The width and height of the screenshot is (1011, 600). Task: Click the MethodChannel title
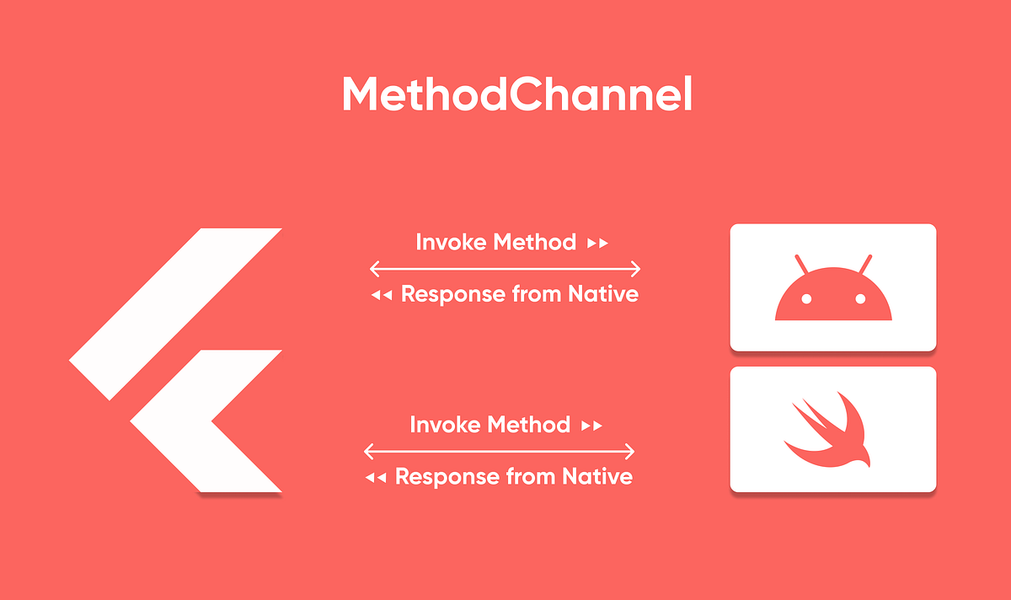tap(516, 96)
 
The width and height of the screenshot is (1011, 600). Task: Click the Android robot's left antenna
tap(801, 264)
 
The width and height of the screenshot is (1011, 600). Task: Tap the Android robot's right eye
tap(860, 298)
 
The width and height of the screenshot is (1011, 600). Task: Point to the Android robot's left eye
tap(806, 298)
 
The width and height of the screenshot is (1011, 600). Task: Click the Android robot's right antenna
tap(865, 264)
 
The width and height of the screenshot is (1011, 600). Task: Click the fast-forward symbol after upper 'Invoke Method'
tap(597, 244)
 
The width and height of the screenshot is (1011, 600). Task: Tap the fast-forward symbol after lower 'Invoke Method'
tap(591, 426)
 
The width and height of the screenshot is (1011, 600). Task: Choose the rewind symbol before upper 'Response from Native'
tap(381, 295)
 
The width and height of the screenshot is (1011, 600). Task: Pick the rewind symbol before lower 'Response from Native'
tap(375, 478)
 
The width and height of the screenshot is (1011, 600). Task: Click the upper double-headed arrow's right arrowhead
tap(635, 270)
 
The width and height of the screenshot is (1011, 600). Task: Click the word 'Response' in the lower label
tap(447, 477)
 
